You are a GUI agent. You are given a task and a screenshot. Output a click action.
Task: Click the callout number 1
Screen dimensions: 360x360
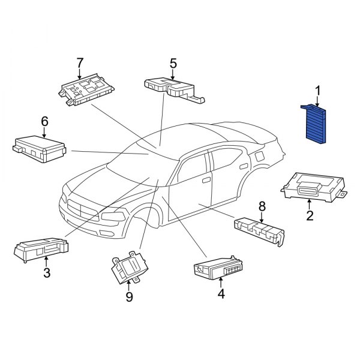point(317,91)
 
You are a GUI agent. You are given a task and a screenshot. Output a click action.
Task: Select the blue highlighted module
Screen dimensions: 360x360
point(314,124)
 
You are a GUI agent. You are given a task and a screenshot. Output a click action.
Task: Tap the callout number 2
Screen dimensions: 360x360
point(310,215)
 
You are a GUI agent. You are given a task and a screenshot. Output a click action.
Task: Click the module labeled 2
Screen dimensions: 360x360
point(314,187)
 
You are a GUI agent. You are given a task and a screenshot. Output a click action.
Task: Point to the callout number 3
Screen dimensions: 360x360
point(47,273)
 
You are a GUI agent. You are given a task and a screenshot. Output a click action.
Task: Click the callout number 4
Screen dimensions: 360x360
point(221,293)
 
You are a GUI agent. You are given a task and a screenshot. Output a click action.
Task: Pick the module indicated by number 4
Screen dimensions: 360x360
point(218,268)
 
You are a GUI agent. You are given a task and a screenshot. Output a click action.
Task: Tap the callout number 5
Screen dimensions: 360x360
point(173,64)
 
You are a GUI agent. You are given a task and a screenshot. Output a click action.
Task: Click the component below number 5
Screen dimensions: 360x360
point(174,90)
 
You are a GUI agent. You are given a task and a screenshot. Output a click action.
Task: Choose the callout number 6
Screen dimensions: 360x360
point(44,121)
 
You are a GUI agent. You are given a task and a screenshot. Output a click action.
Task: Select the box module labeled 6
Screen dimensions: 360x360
point(39,149)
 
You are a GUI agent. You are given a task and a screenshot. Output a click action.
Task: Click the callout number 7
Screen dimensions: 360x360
point(80,63)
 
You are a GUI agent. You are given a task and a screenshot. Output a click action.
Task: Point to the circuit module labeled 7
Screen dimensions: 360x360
point(86,90)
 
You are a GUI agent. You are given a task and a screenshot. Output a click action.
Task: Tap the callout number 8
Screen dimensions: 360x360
point(262,206)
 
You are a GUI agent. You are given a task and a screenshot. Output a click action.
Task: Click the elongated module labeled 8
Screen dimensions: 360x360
point(259,232)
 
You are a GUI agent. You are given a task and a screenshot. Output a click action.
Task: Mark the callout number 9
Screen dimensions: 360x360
point(129,297)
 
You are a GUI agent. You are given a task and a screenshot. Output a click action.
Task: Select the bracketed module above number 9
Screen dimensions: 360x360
point(130,267)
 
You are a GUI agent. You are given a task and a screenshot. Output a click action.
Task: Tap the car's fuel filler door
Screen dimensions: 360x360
point(260,157)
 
